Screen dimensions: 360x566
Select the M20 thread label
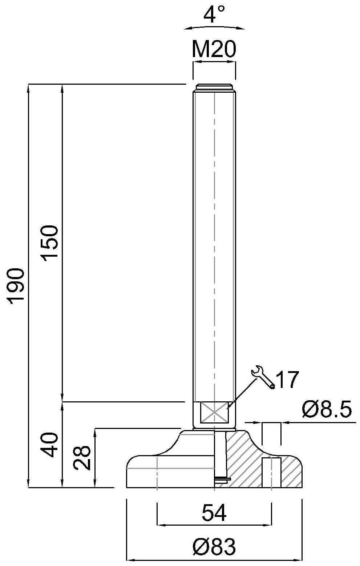(x=214, y=49)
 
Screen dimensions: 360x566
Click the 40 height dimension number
(x=50, y=445)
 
